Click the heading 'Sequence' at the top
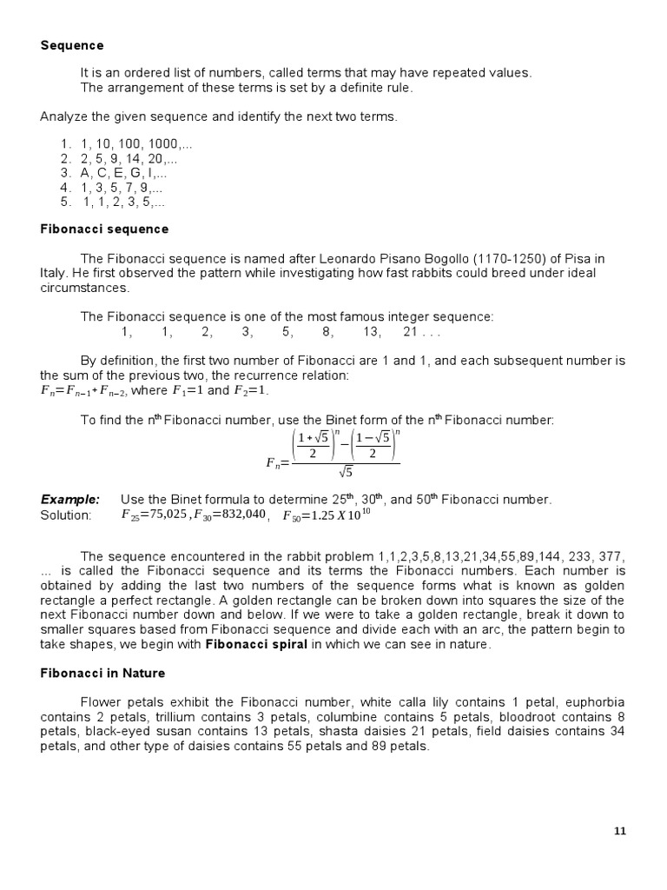coord(72,45)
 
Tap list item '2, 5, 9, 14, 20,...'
coord(129,159)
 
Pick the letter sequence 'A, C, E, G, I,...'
coord(122,173)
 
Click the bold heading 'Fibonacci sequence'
coord(104,229)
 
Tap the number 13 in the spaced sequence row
coord(372,331)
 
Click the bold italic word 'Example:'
coord(70,500)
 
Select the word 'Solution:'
coord(66,515)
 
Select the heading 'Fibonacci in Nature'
coord(103,673)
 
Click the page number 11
coord(619,831)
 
